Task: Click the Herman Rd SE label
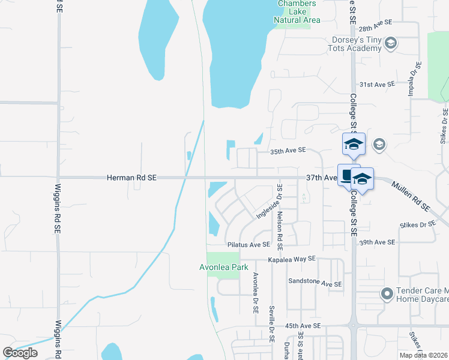tap(131, 178)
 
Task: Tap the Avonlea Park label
tap(219, 268)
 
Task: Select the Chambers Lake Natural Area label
tap(297, 12)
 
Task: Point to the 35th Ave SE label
tap(288, 150)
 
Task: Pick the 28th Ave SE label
tap(375, 21)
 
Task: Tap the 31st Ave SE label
tap(376, 85)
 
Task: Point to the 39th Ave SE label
tap(377, 242)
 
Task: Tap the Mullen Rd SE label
tap(412, 196)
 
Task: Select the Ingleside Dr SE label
tap(269, 205)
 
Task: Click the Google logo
tap(20, 353)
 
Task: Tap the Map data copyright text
tap(424, 355)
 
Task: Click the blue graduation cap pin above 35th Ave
tap(354, 145)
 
